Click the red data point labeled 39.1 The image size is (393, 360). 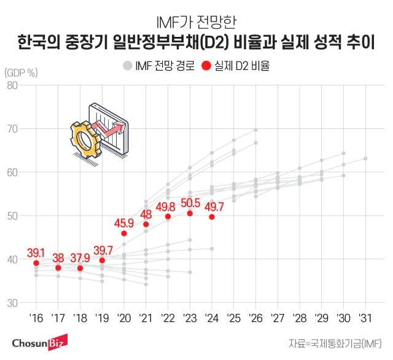(x=36, y=263)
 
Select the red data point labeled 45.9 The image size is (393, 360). (x=124, y=233)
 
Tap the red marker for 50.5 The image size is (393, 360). (x=190, y=213)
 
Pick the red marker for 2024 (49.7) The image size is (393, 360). (x=212, y=217)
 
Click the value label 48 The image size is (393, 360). (x=146, y=214)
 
